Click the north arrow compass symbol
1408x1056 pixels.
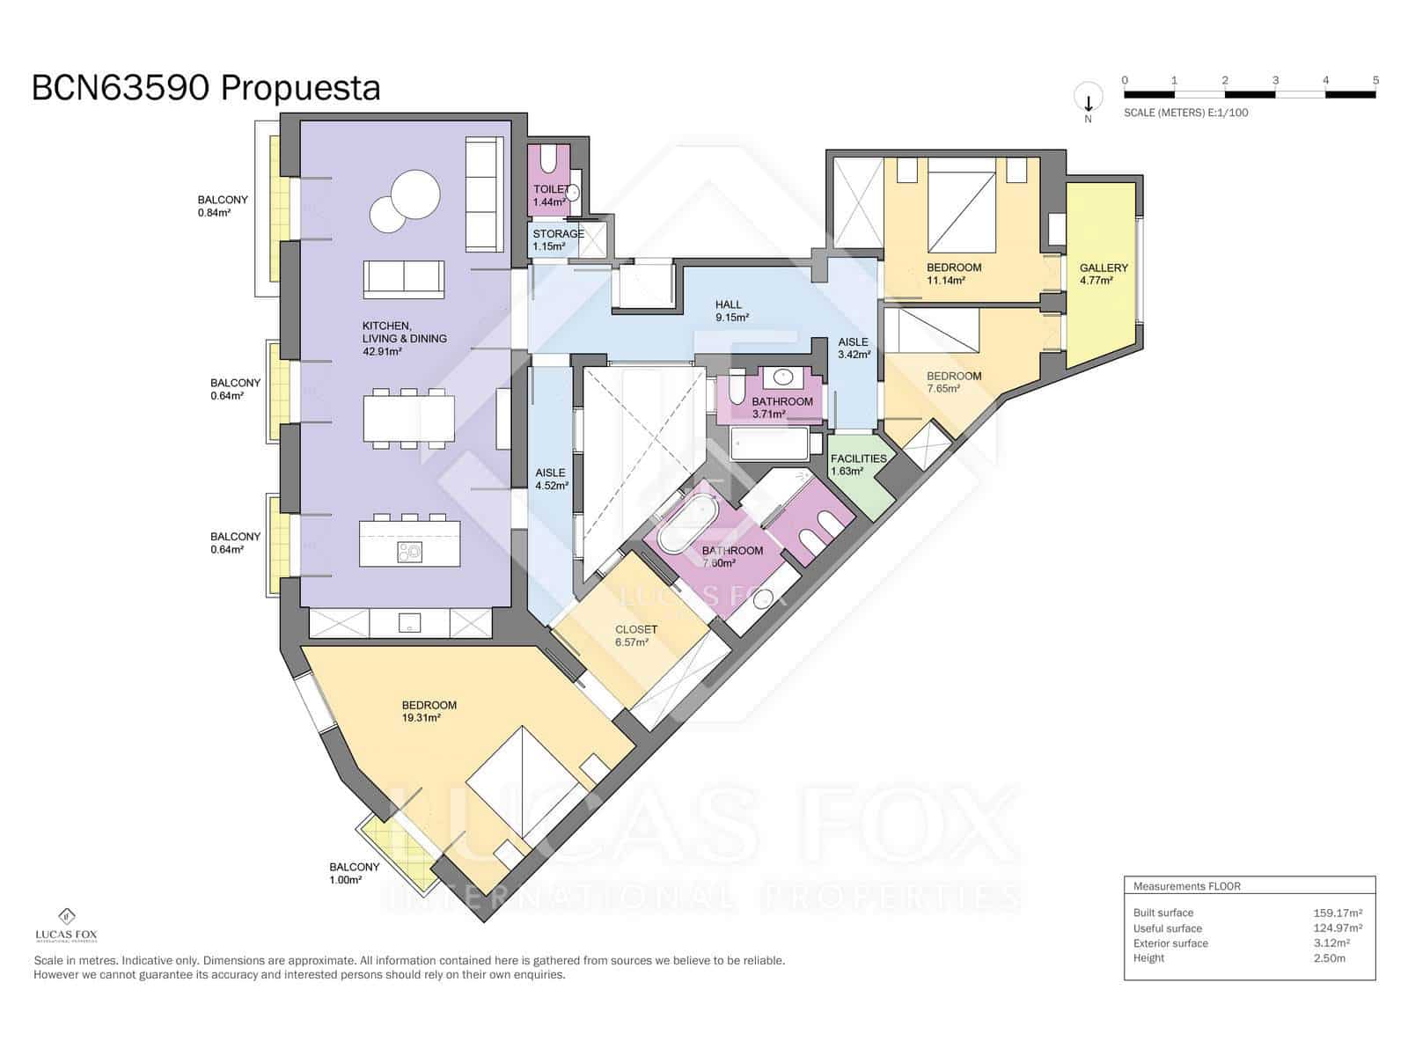coord(1088,99)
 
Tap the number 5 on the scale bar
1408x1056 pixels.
coord(1375,80)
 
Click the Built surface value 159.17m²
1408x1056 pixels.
coord(1337,913)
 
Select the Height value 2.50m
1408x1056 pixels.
coord(1329,957)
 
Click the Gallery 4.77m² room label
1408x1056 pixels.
coord(1103,274)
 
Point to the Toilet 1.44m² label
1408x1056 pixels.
coord(550,195)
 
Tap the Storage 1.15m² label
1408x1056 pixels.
coord(557,239)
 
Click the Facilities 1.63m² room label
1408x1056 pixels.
coord(857,464)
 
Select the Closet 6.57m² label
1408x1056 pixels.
coord(634,635)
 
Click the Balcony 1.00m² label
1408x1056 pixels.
coord(354,872)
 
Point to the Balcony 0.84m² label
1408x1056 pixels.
coord(222,205)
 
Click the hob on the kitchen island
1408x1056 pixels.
coord(409,552)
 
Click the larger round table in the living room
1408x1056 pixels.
coord(414,193)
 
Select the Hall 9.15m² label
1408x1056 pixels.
coord(730,311)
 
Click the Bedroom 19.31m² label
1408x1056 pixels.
coord(428,710)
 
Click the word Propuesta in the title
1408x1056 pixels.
coord(300,88)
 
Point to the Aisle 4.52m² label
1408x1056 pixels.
coord(551,479)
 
